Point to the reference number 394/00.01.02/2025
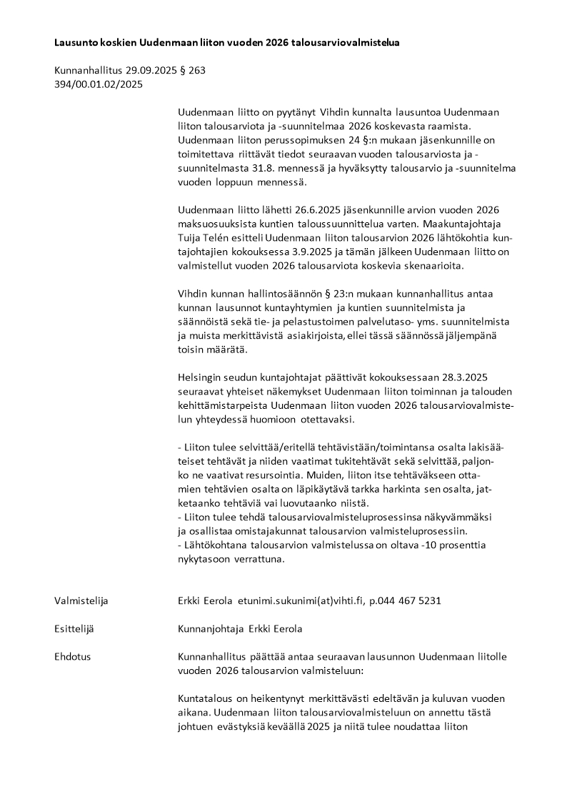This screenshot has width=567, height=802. point(99,84)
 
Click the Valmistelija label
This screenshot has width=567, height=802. point(81,600)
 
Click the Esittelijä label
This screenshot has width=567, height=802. point(74,629)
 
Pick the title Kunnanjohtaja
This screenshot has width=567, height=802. point(211,629)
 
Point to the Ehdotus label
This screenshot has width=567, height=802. point(72,656)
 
